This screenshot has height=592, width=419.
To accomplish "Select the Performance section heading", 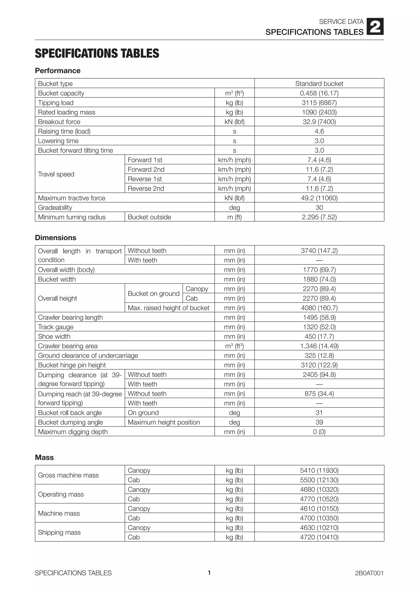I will click(x=57, y=71).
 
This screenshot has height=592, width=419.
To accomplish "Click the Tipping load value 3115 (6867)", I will click(x=319, y=103).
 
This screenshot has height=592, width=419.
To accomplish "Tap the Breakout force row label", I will click(x=59, y=122).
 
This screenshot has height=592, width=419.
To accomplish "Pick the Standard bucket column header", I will click(x=319, y=84).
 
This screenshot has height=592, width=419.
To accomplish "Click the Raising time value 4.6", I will click(x=319, y=131).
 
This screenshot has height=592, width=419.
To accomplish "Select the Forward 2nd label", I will click(x=146, y=169).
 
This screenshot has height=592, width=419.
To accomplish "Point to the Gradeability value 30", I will click(x=319, y=207).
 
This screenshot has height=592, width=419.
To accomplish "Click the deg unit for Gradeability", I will click(x=234, y=207).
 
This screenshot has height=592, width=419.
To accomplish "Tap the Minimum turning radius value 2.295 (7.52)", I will click(x=319, y=217).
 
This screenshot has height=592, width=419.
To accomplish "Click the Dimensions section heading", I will click(x=55, y=238).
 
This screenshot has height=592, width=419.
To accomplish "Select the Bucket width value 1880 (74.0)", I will click(x=319, y=279).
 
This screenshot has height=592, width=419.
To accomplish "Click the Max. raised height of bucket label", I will click(x=168, y=308).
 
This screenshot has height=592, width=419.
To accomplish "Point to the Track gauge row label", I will click(x=56, y=327).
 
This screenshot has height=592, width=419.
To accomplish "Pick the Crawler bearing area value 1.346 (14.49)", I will click(x=319, y=346).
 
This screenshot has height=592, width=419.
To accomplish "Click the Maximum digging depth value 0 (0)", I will click(x=319, y=432).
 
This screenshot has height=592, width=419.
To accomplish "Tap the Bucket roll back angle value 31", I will click(x=319, y=413).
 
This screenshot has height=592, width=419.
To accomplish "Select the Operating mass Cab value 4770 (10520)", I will click(x=319, y=499).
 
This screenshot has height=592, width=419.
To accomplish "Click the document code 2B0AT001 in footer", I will click(x=369, y=573).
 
